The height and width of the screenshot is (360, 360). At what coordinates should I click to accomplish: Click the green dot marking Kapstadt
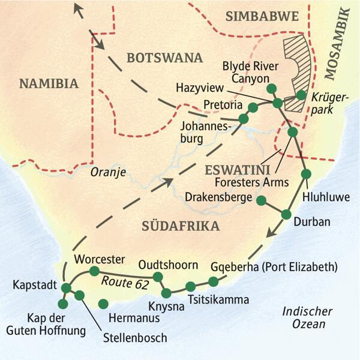click(x=66, y=289)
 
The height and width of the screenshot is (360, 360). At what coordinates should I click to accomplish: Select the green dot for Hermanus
click(x=103, y=304)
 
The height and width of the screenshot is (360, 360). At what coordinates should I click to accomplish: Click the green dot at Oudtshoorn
click(x=158, y=277)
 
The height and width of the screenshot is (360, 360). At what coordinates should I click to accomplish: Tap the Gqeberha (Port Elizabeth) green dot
click(x=213, y=281)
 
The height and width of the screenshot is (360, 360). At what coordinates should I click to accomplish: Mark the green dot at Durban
click(x=286, y=214)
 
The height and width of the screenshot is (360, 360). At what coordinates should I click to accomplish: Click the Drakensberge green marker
click(x=261, y=200)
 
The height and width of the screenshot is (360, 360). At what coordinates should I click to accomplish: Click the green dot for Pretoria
click(x=253, y=107)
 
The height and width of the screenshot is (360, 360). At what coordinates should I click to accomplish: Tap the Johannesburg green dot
click(x=244, y=119)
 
